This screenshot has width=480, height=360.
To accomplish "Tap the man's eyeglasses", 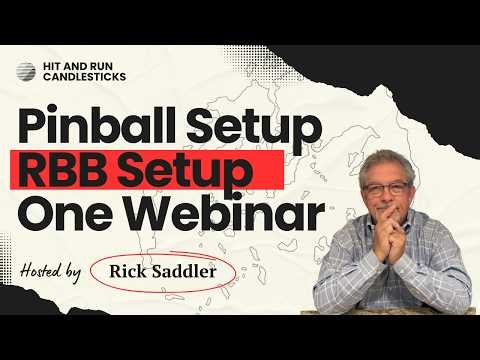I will tap(385, 189).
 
